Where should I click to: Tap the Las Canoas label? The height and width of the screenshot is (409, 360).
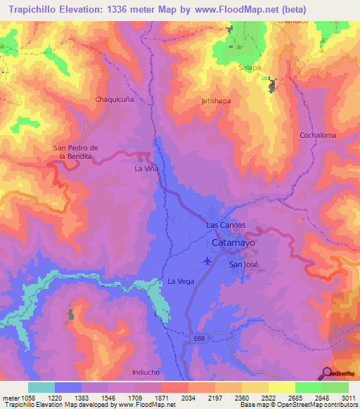226,225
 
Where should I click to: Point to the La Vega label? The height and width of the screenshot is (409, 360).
180,281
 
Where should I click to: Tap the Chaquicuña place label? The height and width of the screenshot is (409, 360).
115,100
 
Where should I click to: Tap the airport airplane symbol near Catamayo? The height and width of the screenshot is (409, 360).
206,261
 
